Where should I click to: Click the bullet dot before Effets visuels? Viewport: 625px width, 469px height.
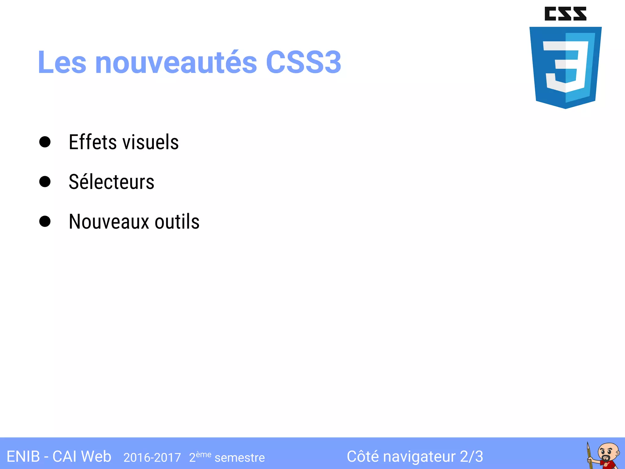point(45,142)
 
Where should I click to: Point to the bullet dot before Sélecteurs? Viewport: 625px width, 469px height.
point(45,182)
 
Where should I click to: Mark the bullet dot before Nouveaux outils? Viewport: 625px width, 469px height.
point(45,221)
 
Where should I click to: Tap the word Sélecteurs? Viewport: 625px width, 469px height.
point(111,182)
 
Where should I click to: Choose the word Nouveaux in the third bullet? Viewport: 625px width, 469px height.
point(108,222)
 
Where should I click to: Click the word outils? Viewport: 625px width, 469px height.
point(177,222)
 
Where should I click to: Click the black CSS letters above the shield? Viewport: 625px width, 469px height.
point(565,14)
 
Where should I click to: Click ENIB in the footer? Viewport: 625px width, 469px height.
point(23,457)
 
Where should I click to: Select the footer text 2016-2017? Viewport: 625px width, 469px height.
point(152,458)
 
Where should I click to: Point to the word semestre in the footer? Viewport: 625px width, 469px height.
point(240,458)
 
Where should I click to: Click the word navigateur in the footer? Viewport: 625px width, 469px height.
point(419,457)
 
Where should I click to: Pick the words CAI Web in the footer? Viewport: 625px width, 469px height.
point(82,457)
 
